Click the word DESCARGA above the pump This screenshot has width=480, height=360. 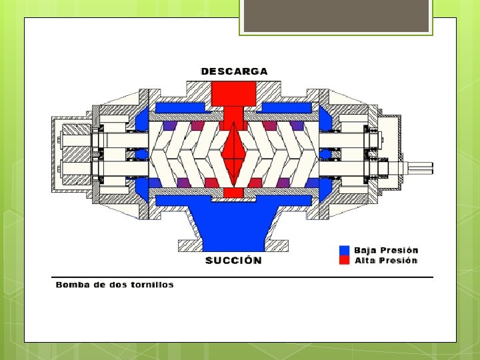pyautogui.click(x=234, y=71)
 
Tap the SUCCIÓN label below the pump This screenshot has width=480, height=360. pyautogui.click(x=233, y=260)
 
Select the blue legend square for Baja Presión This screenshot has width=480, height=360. pyautogui.click(x=344, y=251)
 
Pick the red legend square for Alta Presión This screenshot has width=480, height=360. pyautogui.click(x=344, y=261)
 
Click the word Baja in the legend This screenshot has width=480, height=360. pyautogui.click(x=365, y=251)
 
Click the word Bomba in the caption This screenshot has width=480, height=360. pyautogui.click(x=73, y=285)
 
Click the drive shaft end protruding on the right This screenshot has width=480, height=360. pyautogui.click(x=420, y=167)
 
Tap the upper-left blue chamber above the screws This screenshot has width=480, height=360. pyautogui.click(x=180, y=107)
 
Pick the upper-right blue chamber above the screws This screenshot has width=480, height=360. pyautogui.click(x=287, y=107)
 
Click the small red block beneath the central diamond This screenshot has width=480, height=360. pyautogui.click(x=233, y=193)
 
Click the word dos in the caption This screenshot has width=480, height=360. pyautogui.click(x=113, y=285)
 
